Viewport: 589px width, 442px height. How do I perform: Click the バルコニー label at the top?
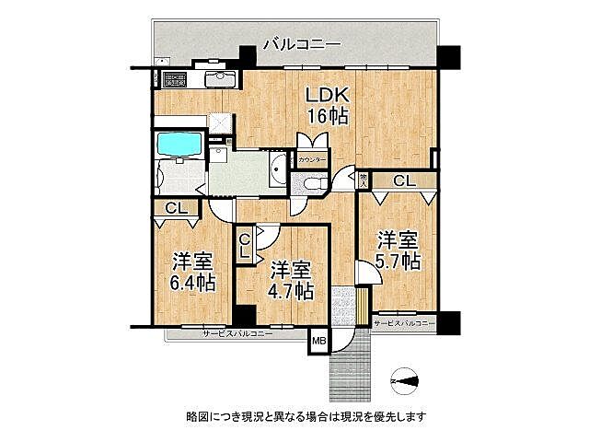pos(301,43)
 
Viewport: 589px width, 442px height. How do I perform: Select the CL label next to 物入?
pos(403,180)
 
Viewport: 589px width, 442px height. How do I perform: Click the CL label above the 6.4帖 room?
pos(177,209)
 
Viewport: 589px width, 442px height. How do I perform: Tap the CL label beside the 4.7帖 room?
pos(245,246)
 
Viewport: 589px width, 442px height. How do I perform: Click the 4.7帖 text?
pos(290,281)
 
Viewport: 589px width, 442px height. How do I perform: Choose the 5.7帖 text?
pos(398,250)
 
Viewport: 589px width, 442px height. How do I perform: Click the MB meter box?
pos(318,342)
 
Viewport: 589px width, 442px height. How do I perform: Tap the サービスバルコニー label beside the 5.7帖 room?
pos(404,323)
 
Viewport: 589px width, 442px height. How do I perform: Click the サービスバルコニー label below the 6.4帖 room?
pos(237,333)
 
